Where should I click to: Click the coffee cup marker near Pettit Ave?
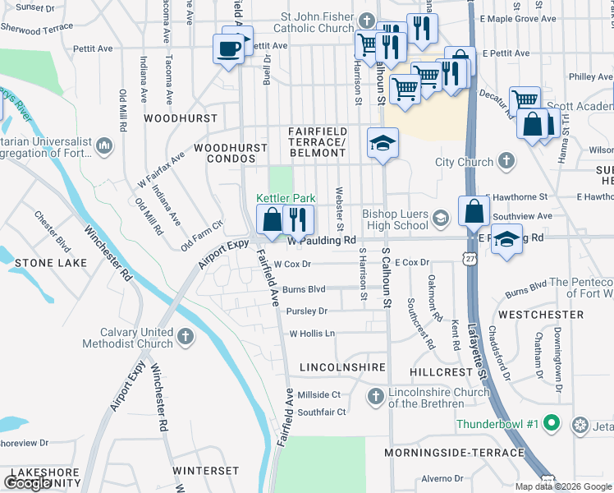227,47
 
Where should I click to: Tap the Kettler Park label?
286,198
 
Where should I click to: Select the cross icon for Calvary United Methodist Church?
186,336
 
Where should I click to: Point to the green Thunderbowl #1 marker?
552,424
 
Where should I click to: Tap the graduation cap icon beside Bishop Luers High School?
441,217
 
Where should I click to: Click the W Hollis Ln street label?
313,334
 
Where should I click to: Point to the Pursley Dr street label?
307,311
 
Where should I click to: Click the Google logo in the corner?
28,483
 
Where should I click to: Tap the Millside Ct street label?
318,394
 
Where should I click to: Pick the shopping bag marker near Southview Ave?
474,211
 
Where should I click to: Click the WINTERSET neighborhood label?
205,471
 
